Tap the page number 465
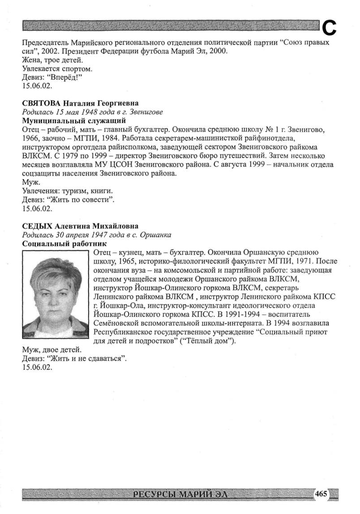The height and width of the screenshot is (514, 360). coord(321,493)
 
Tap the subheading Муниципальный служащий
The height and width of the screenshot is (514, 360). coord(74,120)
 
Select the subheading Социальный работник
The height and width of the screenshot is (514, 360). coord(64,244)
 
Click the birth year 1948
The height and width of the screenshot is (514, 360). coord(95,112)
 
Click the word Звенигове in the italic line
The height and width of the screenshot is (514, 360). coord(146,112)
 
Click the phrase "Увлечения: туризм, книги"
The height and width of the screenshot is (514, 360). coord(64,191)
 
